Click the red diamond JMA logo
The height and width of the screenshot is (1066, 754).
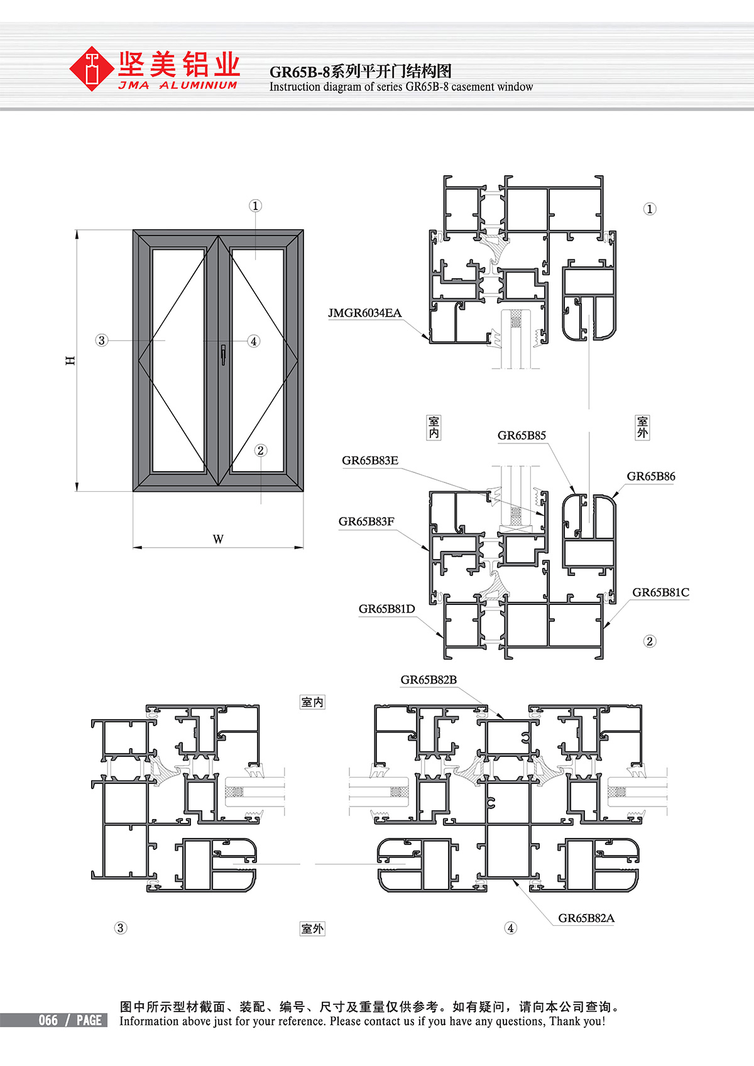(x=92, y=68)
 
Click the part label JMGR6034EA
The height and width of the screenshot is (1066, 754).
(x=364, y=313)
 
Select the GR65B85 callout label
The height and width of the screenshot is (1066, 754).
(x=522, y=435)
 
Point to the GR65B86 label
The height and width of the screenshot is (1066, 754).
(x=651, y=476)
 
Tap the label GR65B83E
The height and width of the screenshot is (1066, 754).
(x=370, y=460)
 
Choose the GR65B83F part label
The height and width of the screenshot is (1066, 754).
(x=366, y=521)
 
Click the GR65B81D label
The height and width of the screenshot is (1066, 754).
(x=386, y=609)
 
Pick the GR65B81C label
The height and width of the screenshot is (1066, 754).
(x=661, y=592)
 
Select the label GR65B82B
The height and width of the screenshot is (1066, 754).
(x=429, y=680)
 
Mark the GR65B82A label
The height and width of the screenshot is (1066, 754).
(x=586, y=918)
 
